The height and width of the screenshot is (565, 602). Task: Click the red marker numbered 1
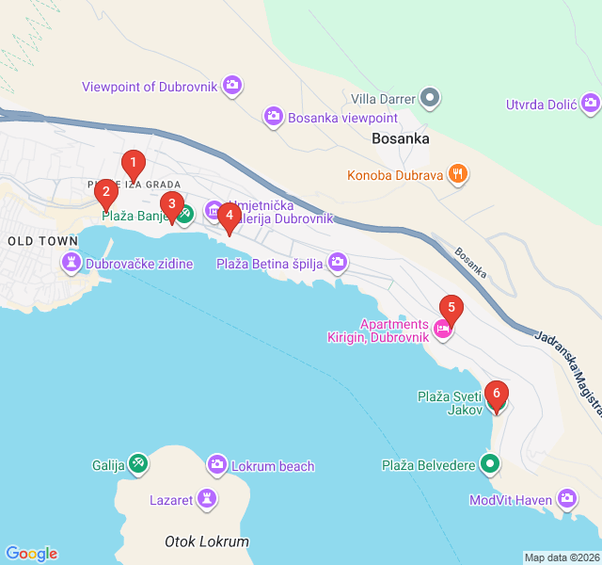[x=133, y=165]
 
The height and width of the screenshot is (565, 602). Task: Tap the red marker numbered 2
[x=105, y=195]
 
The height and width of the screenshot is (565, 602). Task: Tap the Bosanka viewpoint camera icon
[x=274, y=117]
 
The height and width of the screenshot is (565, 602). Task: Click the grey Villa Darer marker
[x=430, y=97]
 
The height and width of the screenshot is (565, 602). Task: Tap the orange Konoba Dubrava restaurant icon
[x=457, y=173]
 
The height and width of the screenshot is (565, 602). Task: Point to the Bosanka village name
[x=401, y=138]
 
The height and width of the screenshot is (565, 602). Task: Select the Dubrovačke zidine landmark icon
[x=71, y=264]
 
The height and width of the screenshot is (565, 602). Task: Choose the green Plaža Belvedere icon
[x=490, y=464]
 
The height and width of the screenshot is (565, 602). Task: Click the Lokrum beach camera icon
[x=217, y=465]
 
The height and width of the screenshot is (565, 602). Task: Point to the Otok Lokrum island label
[x=207, y=541]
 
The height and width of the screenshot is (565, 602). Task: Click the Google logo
[x=32, y=554]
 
